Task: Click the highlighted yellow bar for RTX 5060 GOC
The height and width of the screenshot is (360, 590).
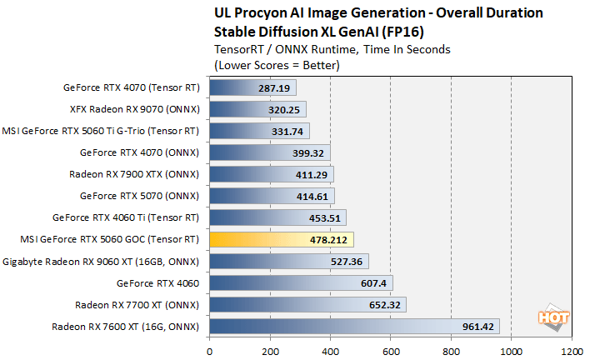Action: pyautogui.click(x=282, y=239)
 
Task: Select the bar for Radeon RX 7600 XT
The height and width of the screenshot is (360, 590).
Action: pyautogui.click(x=354, y=326)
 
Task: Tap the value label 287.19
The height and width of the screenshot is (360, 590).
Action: pyautogui.click(x=275, y=87)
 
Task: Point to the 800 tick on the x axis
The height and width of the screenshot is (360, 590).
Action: pyautogui.click(x=452, y=351)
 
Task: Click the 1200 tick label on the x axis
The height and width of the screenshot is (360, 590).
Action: pyautogui.click(x=572, y=351)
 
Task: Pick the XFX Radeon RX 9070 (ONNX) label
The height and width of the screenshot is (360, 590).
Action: pyautogui.click(x=134, y=109)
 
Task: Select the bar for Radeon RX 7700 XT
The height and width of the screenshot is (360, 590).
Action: pyautogui.click(x=307, y=304)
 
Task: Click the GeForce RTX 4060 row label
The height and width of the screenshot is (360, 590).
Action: pyautogui.click(x=157, y=282)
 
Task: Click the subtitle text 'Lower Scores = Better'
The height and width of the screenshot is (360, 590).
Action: pyautogui.click(x=276, y=63)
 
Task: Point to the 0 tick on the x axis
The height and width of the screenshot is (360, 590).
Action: pyautogui.click(x=210, y=351)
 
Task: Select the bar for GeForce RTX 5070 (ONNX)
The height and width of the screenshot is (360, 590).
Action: pyautogui.click(x=272, y=196)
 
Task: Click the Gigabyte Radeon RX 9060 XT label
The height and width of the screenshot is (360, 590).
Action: pyautogui.click(x=101, y=261)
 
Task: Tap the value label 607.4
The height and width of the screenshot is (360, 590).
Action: pyautogui.click(x=371, y=282)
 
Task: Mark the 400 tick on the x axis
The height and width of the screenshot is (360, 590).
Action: pyautogui.click(x=331, y=351)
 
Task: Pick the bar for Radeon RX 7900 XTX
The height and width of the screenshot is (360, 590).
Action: pyautogui.click(x=272, y=174)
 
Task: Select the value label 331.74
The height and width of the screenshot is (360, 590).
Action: pyautogui.click(x=288, y=131)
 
